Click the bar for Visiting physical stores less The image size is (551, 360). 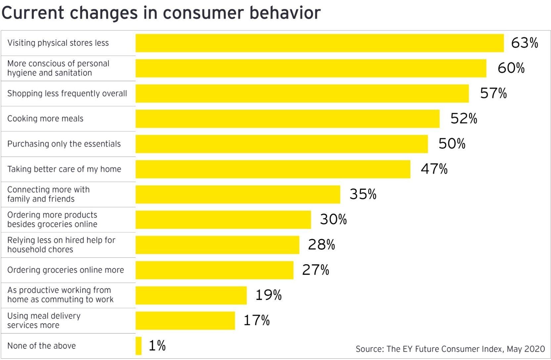pyautogui.click(x=319, y=43)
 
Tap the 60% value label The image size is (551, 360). pyautogui.click(x=511, y=68)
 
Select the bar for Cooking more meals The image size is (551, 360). pyautogui.click(x=287, y=119)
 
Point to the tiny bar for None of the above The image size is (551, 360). pyautogui.click(x=139, y=346)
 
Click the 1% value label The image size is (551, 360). pyautogui.click(x=157, y=346)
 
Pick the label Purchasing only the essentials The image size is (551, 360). pyautogui.click(x=64, y=144)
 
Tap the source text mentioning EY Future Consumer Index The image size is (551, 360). pyautogui.click(x=450, y=349)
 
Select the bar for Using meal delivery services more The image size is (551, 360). pyautogui.click(x=185, y=321)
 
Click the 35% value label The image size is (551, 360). pyautogui.click(x=363, y=194)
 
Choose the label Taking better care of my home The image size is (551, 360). pyautogui.click(x=64, y=169)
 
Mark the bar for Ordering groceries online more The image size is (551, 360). pyautogui.click(x=214, y=270)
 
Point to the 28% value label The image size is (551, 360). pyautogui.click(x=321, y=245)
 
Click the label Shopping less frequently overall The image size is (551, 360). pyautogui.click(x=67, y=94)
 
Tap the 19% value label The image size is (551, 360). pyautogui.click(x=268, y=295)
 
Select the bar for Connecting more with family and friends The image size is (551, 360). pyautogui.click(x=238, y=194)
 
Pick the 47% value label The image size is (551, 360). pyautogui.click(x=434, y=169)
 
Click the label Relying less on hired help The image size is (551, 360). pyautogui.click(x=61, y=245)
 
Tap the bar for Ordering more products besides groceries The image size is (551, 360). pyautogui.click(x=223, y=220)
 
